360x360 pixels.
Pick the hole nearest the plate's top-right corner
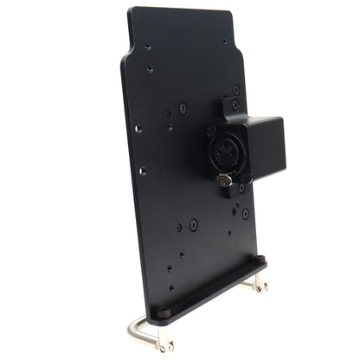coord(225,41)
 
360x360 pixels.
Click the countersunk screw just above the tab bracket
coord(235,88)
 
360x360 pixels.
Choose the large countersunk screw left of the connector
coord(183,108)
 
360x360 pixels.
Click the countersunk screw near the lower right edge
coord(245,213)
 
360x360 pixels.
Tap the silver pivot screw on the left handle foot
coord(167,347)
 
